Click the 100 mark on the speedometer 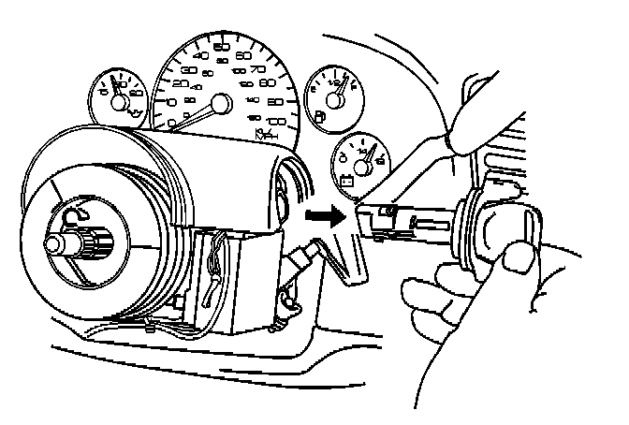click(275, 122)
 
